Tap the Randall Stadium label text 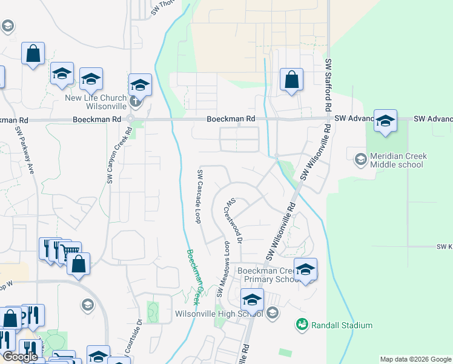pos(342,325)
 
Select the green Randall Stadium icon pos(302,325)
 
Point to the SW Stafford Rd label pos(328,85)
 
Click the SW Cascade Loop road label pos(199,196)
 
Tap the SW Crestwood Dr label pos(235,221)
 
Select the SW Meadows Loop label pos(222,271)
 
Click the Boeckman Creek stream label pos(194,277)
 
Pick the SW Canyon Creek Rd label pos(119,155)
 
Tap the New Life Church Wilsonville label pos(97,103)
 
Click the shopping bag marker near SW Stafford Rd pos(291,80)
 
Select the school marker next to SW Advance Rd pos(385,121)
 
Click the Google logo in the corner pos(20,356)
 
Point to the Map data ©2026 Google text pos(415,359)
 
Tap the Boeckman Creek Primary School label pos(267,275)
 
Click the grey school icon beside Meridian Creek pos(360,159)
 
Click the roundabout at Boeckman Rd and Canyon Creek pos(131,119)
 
